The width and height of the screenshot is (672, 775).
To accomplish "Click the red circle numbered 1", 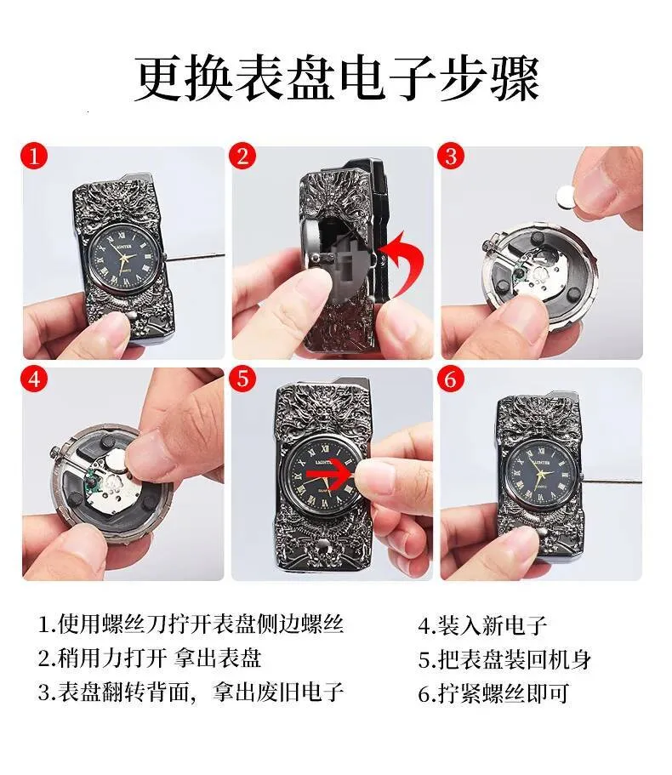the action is click(x=34, y=157).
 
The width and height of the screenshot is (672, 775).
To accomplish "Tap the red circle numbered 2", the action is click(x=242, y=157).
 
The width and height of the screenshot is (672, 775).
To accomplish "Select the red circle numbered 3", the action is click(x=451, y=157).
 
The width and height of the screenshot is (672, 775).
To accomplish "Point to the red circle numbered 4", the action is click(x=34, y=379).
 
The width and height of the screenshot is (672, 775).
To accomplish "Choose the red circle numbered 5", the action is click(x=242, y=379).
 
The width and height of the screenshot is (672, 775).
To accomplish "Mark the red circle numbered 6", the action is click(x=451, y=379).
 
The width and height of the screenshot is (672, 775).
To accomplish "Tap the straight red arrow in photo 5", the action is click(x=328, y=474).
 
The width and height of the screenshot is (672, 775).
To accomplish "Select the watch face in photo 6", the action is click(x=544, y=474).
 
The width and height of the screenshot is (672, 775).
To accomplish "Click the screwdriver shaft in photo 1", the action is click(x=193, y=257).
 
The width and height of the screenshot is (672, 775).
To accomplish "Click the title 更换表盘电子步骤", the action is click(x=337, y=79).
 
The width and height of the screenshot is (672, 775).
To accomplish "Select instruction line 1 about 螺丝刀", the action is click(x=191, y=624).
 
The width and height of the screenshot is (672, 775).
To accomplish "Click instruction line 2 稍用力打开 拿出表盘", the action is click(x=150, y=658).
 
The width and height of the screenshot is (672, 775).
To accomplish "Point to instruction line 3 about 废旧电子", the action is click(x=191, y=692).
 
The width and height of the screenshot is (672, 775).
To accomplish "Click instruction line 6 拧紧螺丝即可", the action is click(x=493, y=693).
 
